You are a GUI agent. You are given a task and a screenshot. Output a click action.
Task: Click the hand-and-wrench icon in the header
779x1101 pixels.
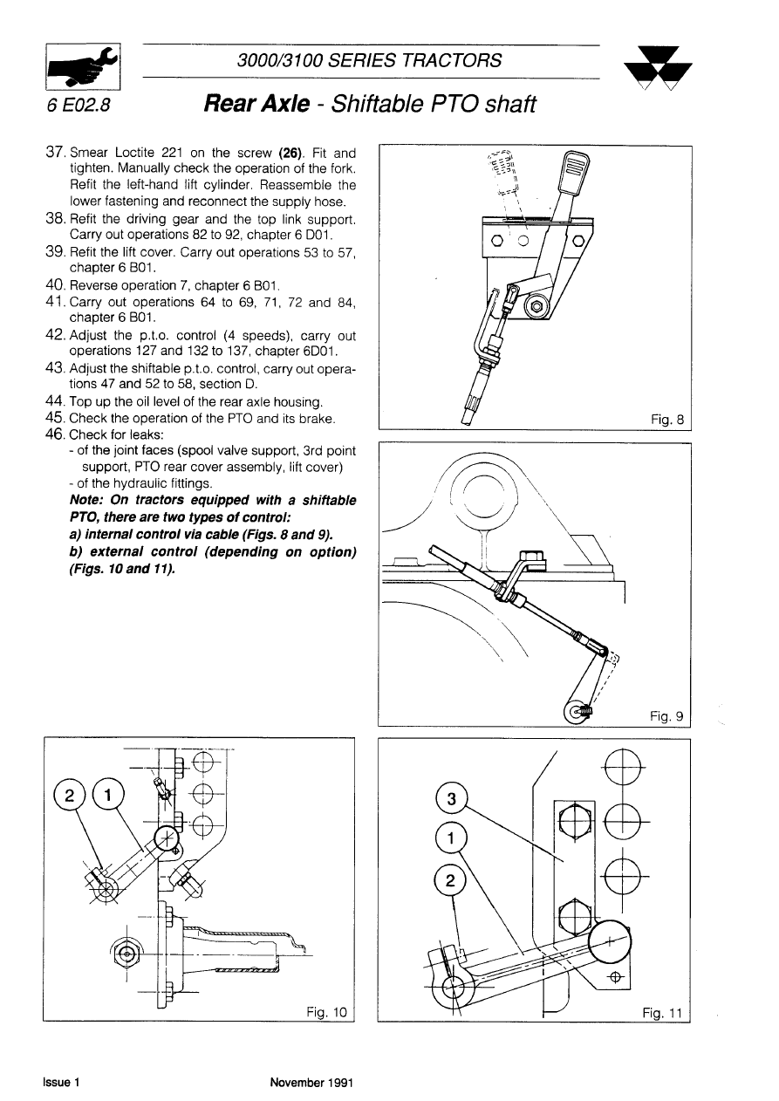84,66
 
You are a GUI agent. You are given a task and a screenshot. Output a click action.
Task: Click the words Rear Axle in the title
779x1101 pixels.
256,105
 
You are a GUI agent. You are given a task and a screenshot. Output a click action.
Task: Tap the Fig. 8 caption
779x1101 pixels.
668,420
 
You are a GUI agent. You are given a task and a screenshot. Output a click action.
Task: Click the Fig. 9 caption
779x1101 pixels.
667,716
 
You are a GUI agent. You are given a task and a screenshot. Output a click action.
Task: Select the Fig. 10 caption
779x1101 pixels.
327,1011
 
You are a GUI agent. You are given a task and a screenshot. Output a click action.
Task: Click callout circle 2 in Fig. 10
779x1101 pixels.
68,795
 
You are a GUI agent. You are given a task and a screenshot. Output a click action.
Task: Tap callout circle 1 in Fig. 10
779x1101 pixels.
108,794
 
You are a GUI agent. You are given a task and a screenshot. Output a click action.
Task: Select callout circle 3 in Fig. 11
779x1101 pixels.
451,800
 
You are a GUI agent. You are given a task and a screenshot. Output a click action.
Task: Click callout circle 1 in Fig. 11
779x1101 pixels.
451,840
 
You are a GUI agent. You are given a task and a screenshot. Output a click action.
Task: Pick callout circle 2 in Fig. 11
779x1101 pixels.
450,880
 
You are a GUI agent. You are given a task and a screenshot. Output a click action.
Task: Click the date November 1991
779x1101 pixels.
310,1083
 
